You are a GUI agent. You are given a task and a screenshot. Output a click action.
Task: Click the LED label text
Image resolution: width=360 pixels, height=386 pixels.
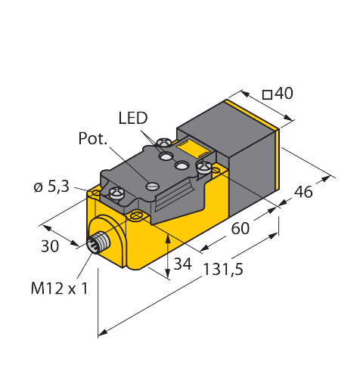pyautogui.click(x=133, y=118)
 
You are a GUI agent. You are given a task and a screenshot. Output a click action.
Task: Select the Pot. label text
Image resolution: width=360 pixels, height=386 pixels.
pyautogui.click(x=92, y=138)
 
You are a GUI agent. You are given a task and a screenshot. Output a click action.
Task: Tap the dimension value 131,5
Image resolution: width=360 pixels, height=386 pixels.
pyautogui.click(x=223, y=269)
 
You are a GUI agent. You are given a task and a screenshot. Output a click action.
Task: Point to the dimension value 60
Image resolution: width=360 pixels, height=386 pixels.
pyautogui.click(x=241, y=229)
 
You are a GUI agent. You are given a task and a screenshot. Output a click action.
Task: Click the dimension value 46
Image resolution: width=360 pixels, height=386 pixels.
pyautogui.click(x=303, y=192)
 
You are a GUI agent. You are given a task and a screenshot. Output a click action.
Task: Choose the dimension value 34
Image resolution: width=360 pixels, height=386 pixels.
pyautogui.click(x=183, y=264)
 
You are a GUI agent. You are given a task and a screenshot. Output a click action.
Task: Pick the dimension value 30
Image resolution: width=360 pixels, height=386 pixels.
pyautogui.click(x=50, y=246)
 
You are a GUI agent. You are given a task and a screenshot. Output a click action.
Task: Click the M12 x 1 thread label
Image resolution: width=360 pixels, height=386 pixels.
pyautogui.click(x=60, y=288)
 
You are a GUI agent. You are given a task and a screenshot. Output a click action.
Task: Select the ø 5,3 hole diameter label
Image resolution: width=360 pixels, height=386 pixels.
pyautogui.click(x=51, y=187)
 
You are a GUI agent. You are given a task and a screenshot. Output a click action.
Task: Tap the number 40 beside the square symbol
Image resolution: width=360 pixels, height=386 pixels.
pyautogui.click(x=284, y=93)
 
